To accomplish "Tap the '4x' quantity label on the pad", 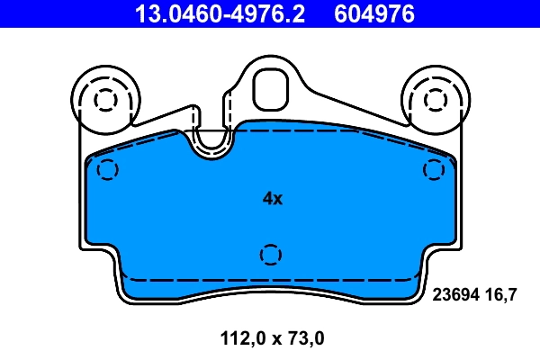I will coord(272,199).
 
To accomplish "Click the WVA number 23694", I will coord(456,293).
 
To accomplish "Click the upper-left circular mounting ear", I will coord(104,98).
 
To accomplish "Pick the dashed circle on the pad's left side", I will coord(106,168).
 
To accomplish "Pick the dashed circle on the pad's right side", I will coord(434,168).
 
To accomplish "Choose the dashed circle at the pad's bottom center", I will coord(269,255).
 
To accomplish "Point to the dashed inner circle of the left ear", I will coord(104,99).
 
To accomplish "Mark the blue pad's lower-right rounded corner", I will coord(416,292).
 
